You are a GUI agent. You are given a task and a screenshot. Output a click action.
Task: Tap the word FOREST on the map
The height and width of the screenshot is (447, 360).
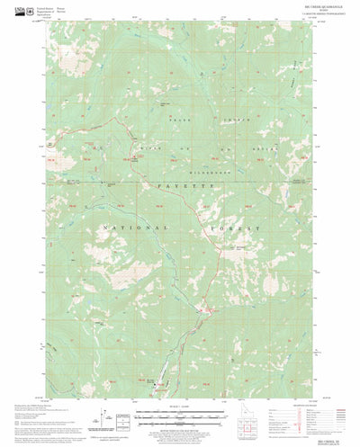click(238, 229)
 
